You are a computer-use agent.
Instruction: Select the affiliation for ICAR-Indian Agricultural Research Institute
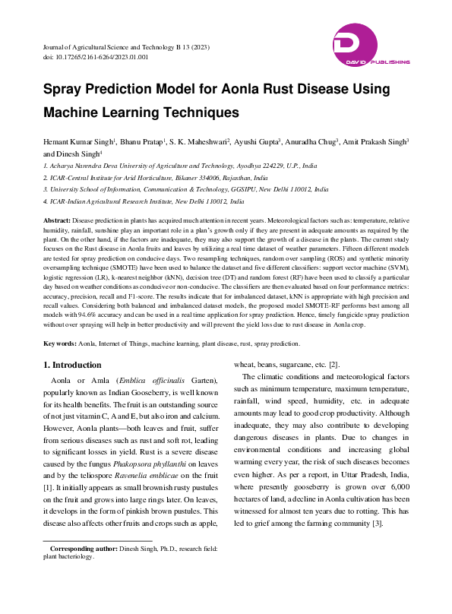(x=144, y=203)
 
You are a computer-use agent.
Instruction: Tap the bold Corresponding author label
(x=83, y=549)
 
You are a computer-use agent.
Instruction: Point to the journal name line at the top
(x=125, y=47)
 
